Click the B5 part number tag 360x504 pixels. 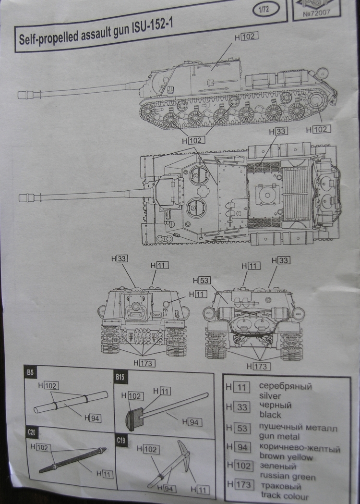[x=30, y=372]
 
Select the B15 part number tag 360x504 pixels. [x=120, y=378]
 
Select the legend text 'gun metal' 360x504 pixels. [x=279, y=437]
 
